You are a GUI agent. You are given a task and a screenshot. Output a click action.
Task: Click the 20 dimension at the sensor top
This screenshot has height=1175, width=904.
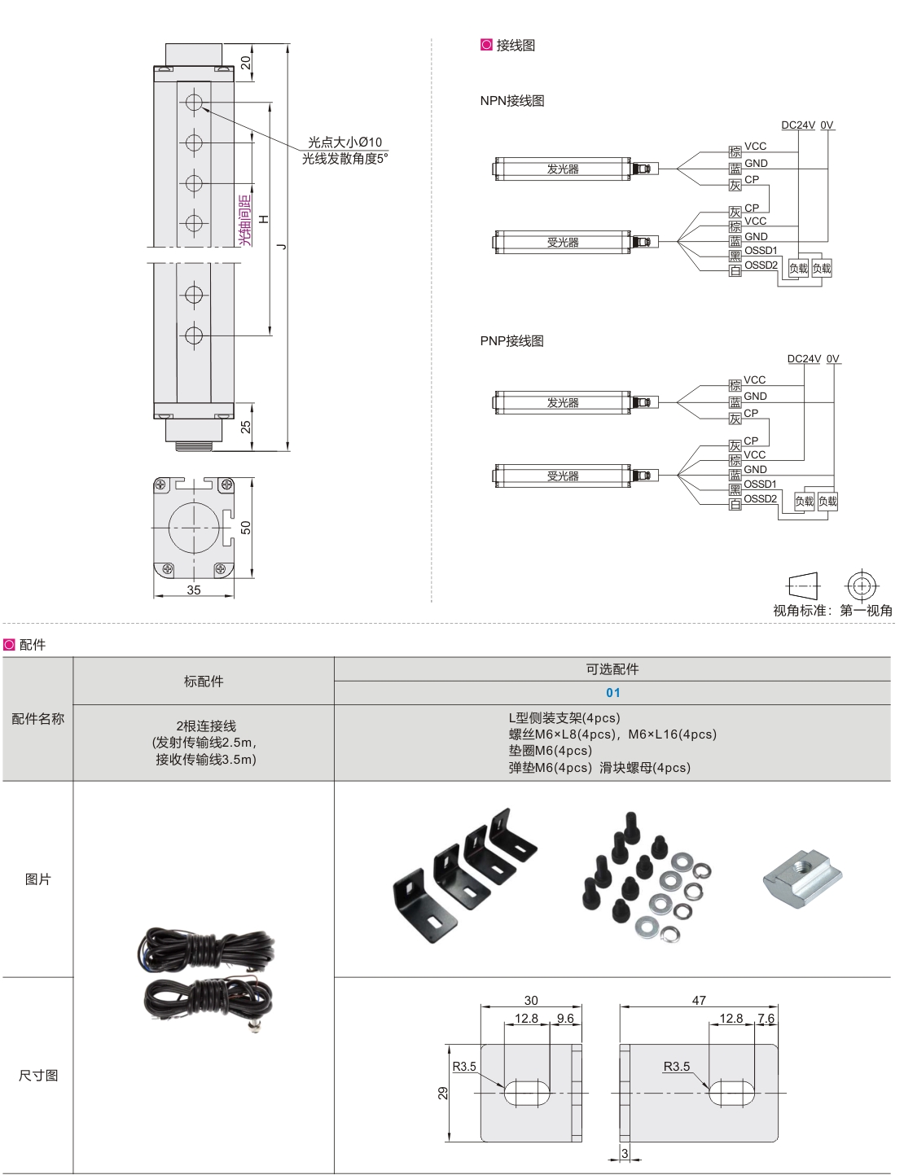tap(246, 62)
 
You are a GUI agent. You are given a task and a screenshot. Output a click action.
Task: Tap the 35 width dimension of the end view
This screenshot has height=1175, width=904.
tap(194, 590)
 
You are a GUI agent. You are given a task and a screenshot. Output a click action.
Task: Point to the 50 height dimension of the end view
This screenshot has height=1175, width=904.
tap(246, 528)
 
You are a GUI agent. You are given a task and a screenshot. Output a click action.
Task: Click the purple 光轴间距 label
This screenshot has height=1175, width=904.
tap(245, 220)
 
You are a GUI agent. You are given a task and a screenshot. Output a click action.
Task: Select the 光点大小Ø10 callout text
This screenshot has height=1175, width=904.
tap(344, 142)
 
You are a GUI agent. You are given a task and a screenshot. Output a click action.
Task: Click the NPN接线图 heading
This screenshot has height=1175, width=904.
tap(511, 101)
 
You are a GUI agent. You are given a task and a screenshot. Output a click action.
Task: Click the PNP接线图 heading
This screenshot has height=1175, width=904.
tap(511, 341)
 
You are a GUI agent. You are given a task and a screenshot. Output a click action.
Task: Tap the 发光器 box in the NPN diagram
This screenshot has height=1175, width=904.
tap(562, 169)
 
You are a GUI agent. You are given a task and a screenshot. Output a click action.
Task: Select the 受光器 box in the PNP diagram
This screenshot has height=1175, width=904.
tap(562, 476)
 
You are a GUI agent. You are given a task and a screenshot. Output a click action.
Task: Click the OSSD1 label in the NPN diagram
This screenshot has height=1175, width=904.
tap(761, 251)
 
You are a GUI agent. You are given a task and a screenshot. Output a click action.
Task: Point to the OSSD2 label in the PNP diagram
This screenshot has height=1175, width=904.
tap(760, 499)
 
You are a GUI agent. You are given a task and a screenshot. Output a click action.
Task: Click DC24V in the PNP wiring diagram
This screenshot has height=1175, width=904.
tap(804, 359)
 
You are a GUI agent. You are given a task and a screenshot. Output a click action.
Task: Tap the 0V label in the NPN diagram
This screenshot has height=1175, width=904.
tap(827, 125)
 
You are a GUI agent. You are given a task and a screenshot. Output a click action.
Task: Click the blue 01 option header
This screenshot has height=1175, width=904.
tap(612, 693)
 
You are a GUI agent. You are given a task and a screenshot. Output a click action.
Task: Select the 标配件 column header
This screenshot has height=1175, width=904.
tap(204, 682)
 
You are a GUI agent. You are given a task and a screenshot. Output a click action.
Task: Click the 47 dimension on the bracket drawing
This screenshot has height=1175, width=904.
tap(699, 1001)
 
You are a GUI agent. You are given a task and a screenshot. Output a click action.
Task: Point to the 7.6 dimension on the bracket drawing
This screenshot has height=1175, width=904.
tap(766, 1019)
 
